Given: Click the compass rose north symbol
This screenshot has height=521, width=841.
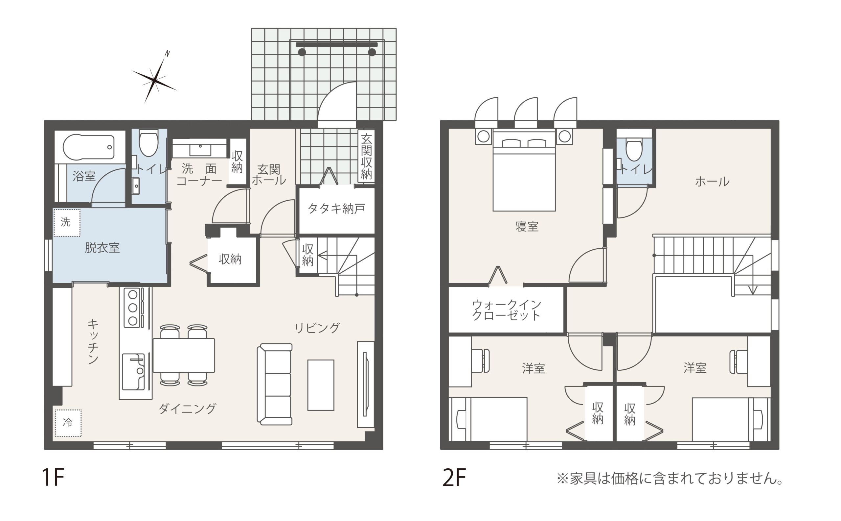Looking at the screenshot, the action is tap(154, 80).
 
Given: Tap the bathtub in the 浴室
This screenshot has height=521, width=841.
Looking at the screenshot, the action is tap(88, 147).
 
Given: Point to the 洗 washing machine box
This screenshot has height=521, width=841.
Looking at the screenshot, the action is tap(67, 223).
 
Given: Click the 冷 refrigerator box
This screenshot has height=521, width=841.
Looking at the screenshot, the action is tap(68, 423).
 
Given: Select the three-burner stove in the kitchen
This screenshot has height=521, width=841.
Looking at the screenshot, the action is tap(133, 308).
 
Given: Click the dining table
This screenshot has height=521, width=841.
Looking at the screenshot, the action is tap(184, 355).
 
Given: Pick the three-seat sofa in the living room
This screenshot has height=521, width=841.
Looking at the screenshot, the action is tap(275, 384).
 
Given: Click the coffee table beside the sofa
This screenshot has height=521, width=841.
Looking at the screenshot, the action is tap(321, 385).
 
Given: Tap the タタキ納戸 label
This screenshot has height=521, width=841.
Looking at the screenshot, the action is tap(336, 209).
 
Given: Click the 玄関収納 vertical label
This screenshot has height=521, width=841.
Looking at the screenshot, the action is tap(366, 157).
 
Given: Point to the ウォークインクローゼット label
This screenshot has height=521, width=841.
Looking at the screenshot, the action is tap(506, 310).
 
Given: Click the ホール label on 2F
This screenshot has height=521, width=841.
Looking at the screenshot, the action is tap(712, 182).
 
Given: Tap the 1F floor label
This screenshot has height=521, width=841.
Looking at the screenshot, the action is tap(53, 477).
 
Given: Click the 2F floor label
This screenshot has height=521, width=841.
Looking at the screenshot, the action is tap(454, 477).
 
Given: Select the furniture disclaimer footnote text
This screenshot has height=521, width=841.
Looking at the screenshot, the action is tap(670, 479).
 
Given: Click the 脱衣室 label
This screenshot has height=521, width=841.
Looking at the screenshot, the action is tap(102, 248).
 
